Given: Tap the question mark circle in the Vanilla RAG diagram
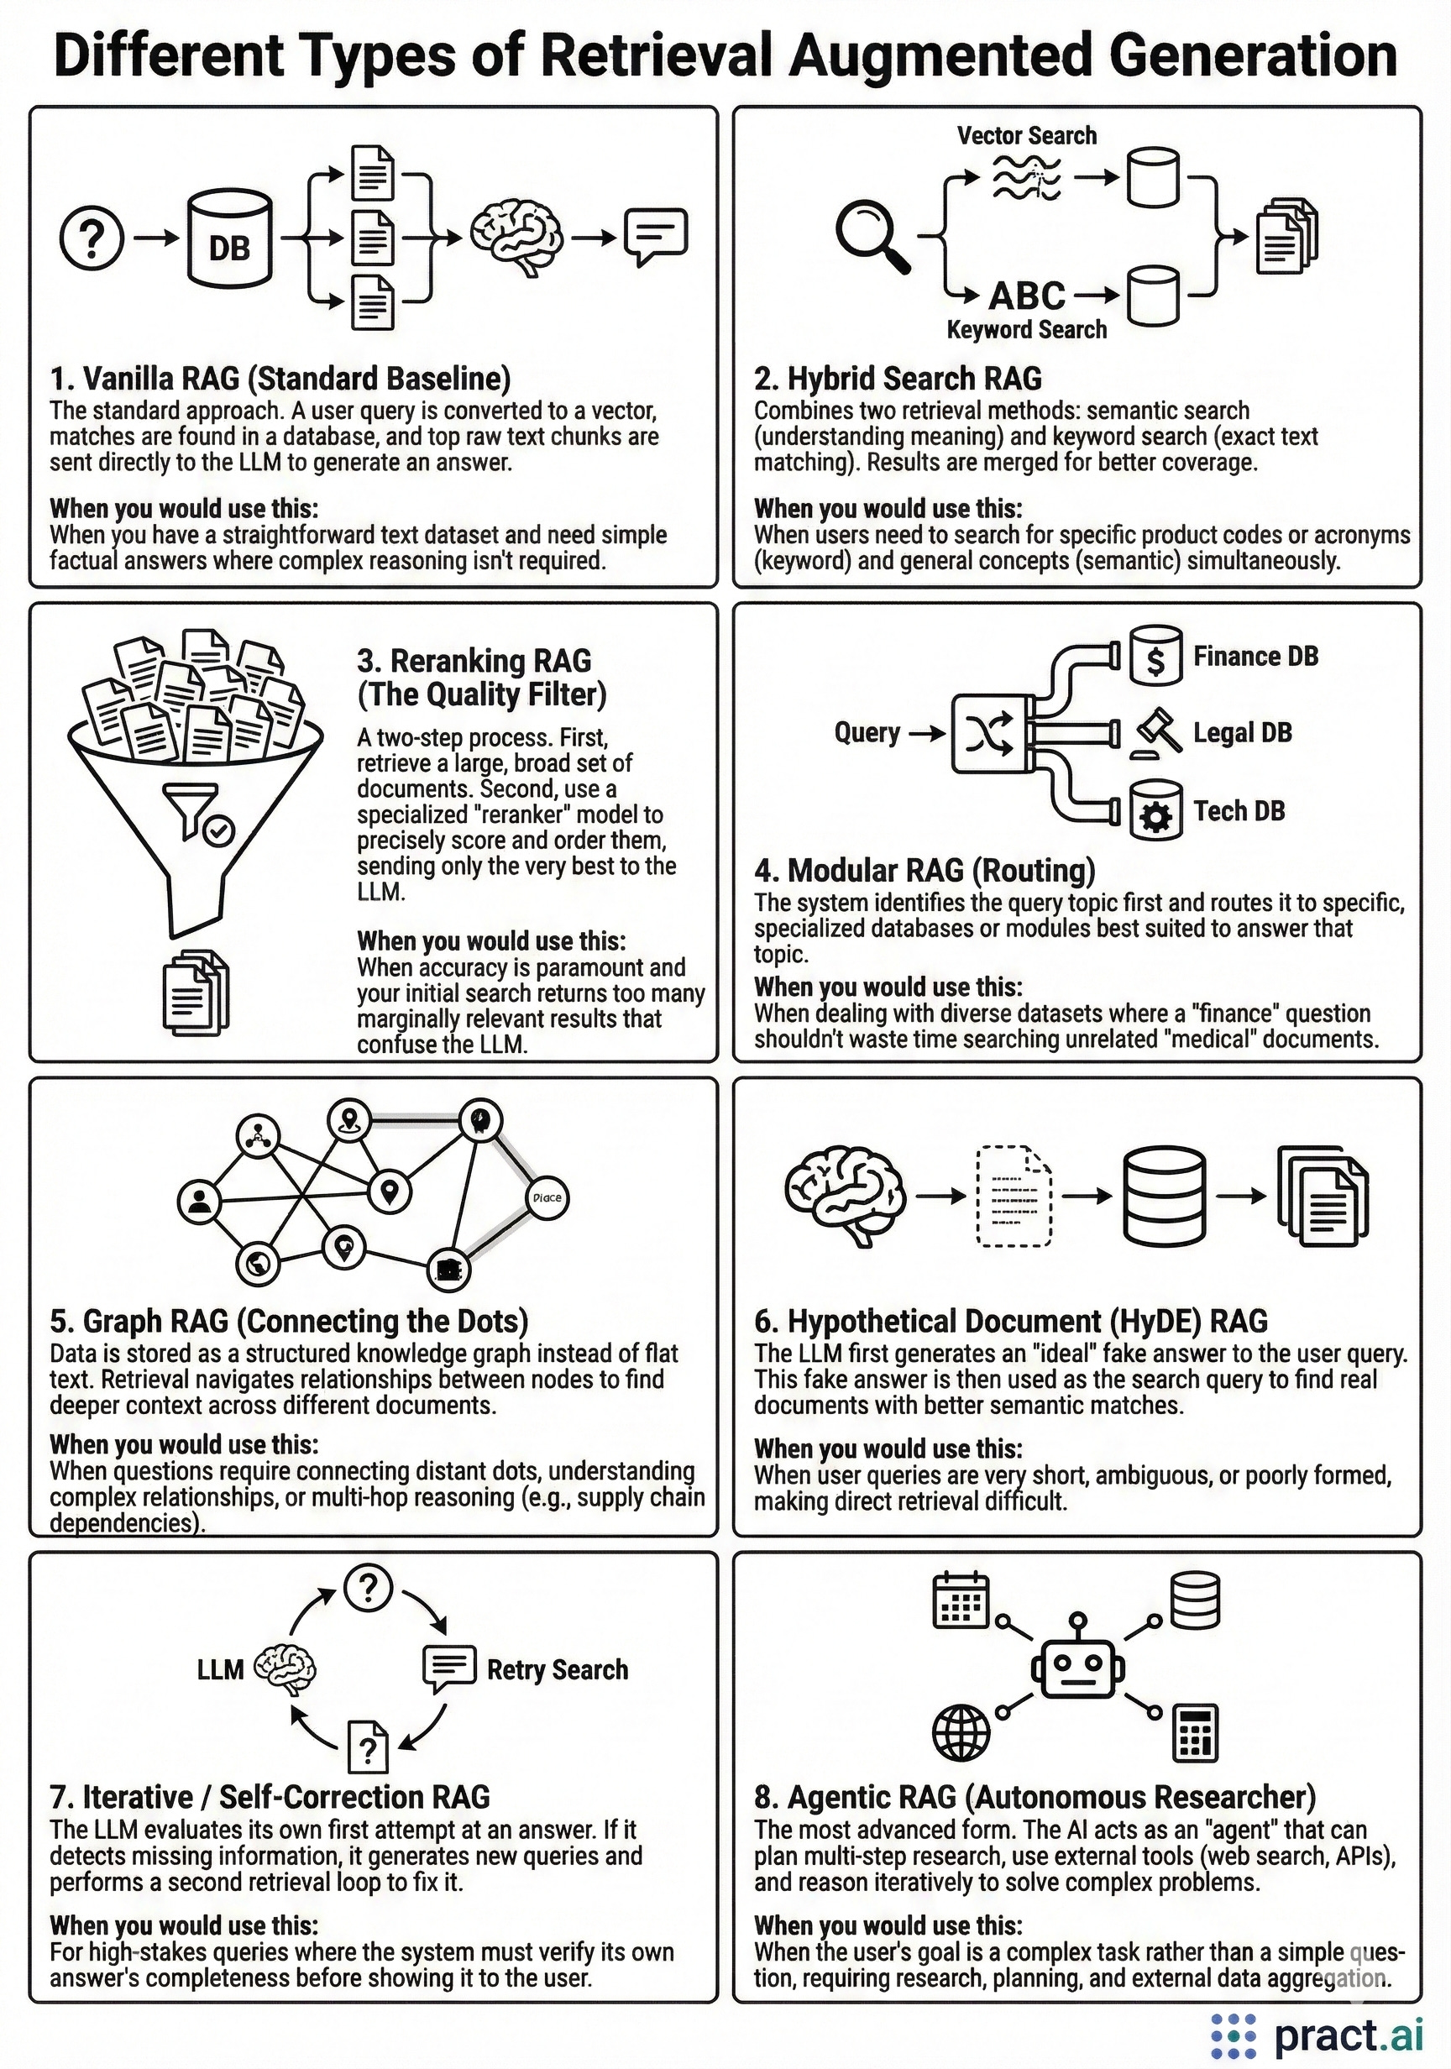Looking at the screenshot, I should click(91, 238).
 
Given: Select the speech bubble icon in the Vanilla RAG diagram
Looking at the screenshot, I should click(656, 236).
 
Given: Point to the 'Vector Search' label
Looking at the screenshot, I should click(1026, 136).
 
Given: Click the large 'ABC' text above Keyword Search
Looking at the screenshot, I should click(1026, 296).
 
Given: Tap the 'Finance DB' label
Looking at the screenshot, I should click(1255, 656).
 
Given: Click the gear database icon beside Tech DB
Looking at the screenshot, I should click(1156, 810).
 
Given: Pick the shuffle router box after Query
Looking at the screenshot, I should click(987, 735).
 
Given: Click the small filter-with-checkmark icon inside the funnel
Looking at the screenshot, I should click(199, 813).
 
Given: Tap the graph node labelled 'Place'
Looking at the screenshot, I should click(547, 1197).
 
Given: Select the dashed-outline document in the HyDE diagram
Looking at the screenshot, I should click(1014, 1196).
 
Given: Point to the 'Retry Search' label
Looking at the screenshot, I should click(557, 1670).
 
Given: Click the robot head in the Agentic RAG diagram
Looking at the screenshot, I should click(1077, 1669).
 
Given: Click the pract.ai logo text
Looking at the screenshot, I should click(1349, 2035).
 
